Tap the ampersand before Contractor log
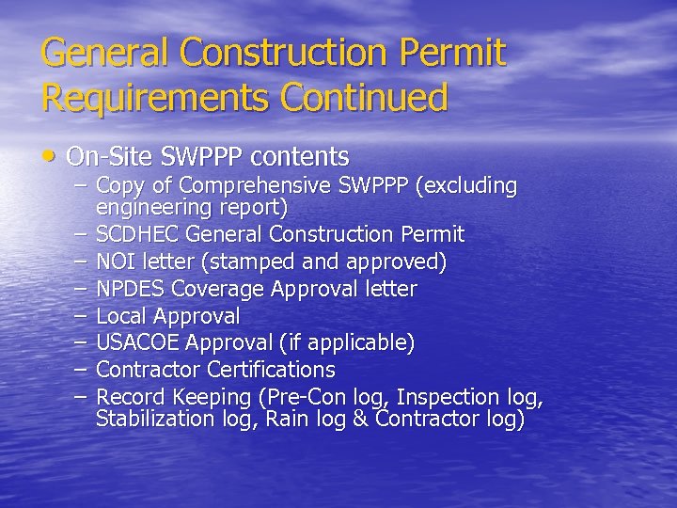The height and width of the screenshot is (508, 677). point(360,420)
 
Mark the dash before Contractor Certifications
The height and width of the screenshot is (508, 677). point(82,370)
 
